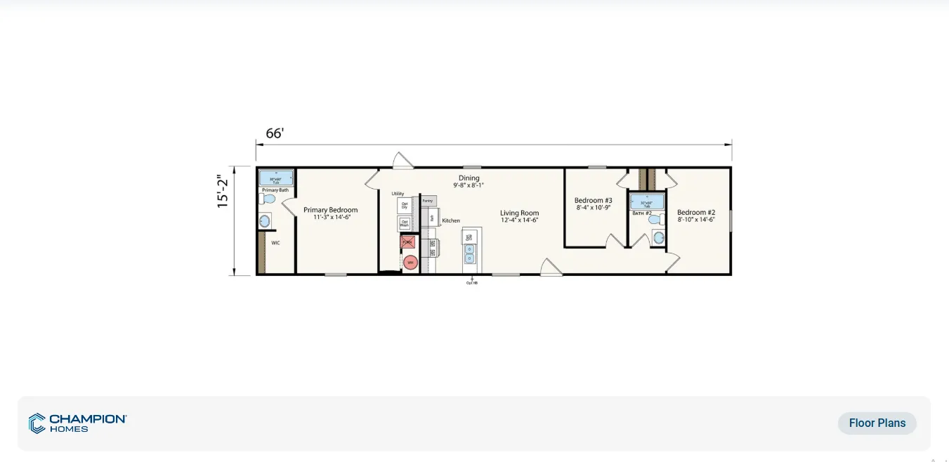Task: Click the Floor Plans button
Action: pos(877,423)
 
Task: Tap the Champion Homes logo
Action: pos(77,423)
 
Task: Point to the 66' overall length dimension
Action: pos(274,133)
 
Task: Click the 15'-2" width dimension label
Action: pos(223,190)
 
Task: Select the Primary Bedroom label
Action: pos(330,210)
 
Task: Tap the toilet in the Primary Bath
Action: pos(268,199)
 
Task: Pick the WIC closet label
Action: pos(276,242)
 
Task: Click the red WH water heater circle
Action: pos(410,263)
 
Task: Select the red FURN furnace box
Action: pos(407,242)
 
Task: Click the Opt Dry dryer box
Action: pos(405,206)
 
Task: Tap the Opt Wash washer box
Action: pos(405,223)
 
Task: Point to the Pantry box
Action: pos(428,201)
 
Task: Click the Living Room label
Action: pos(519,213)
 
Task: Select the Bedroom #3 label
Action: pos(593,200)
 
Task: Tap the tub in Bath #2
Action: pos(646,202)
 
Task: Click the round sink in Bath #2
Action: pos(658,238)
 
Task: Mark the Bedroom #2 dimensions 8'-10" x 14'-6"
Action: pos(696,220)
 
